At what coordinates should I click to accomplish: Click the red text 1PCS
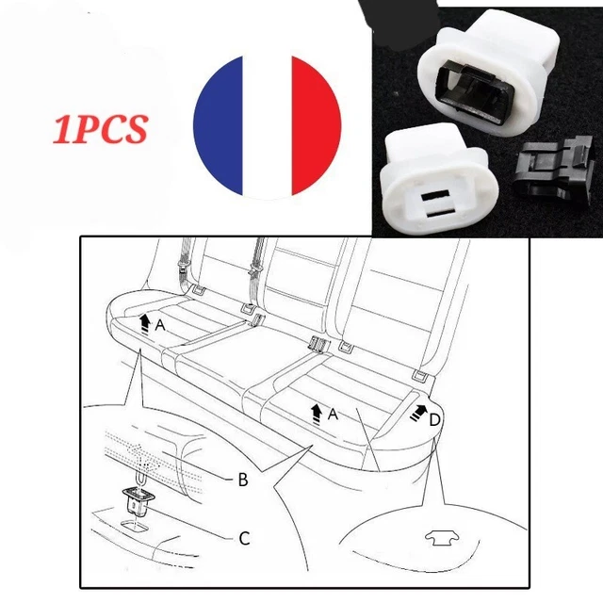[x=101, y=129]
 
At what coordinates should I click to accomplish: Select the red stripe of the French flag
[x=316, y=125]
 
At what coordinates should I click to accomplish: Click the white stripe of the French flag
[x=268, y=127]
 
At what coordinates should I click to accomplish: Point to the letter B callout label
[x=243, y=480]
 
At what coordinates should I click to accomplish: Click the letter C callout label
[x=245, y=538]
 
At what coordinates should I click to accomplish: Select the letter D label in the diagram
[x=434, y=420]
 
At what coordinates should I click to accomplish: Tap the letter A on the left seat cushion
[x=160, y=325]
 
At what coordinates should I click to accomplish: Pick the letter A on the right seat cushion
[x=333, y=415]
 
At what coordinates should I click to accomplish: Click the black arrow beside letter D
[x=417, y=413]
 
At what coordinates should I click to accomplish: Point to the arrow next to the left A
[x=144, y=323]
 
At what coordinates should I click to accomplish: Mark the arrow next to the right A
[x=317, y=414]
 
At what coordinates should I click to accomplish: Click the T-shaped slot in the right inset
[x=441, y=537]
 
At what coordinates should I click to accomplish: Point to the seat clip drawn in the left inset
[x=139, y=500]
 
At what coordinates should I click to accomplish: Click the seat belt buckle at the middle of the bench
[x=318, y=344]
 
